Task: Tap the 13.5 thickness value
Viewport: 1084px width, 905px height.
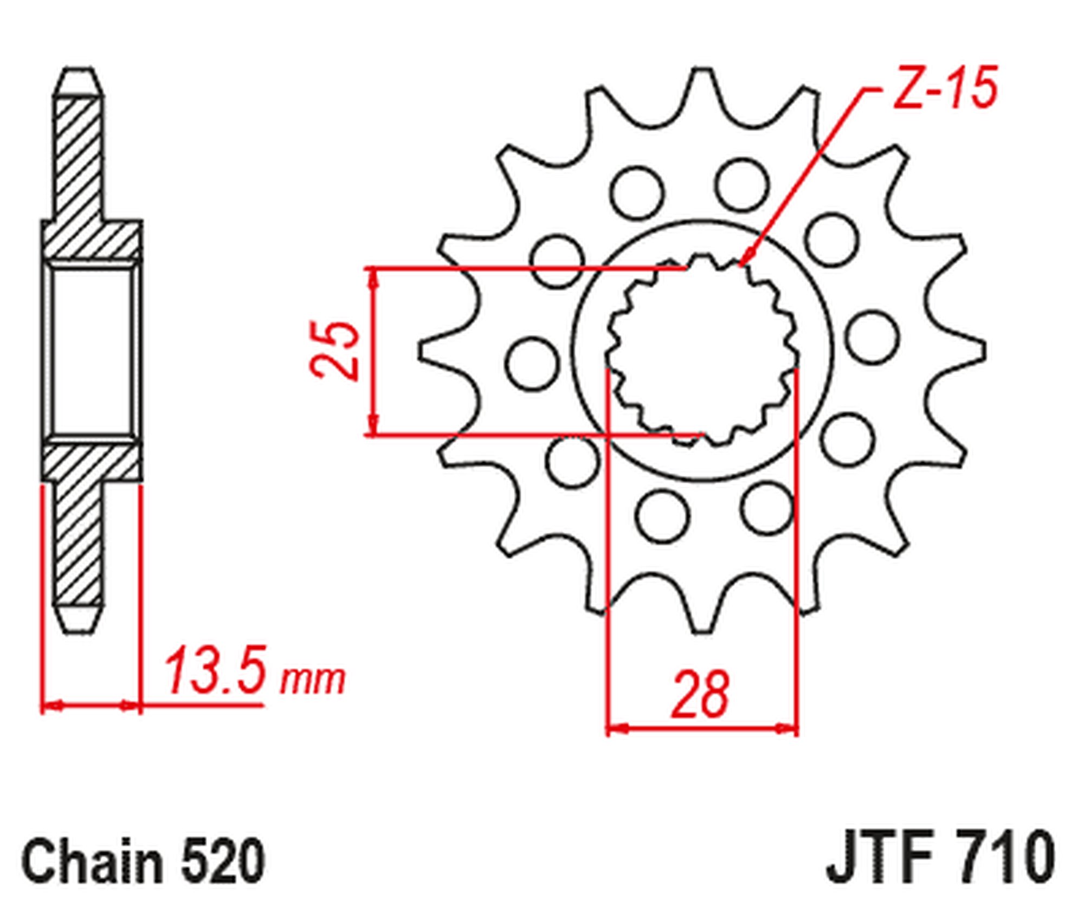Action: tap(215, 670)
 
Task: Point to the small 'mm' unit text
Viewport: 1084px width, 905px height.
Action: tap(313, 680)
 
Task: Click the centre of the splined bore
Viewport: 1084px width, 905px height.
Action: tap(702, 351)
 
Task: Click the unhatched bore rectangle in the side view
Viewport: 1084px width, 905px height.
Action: tap(92, 351)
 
